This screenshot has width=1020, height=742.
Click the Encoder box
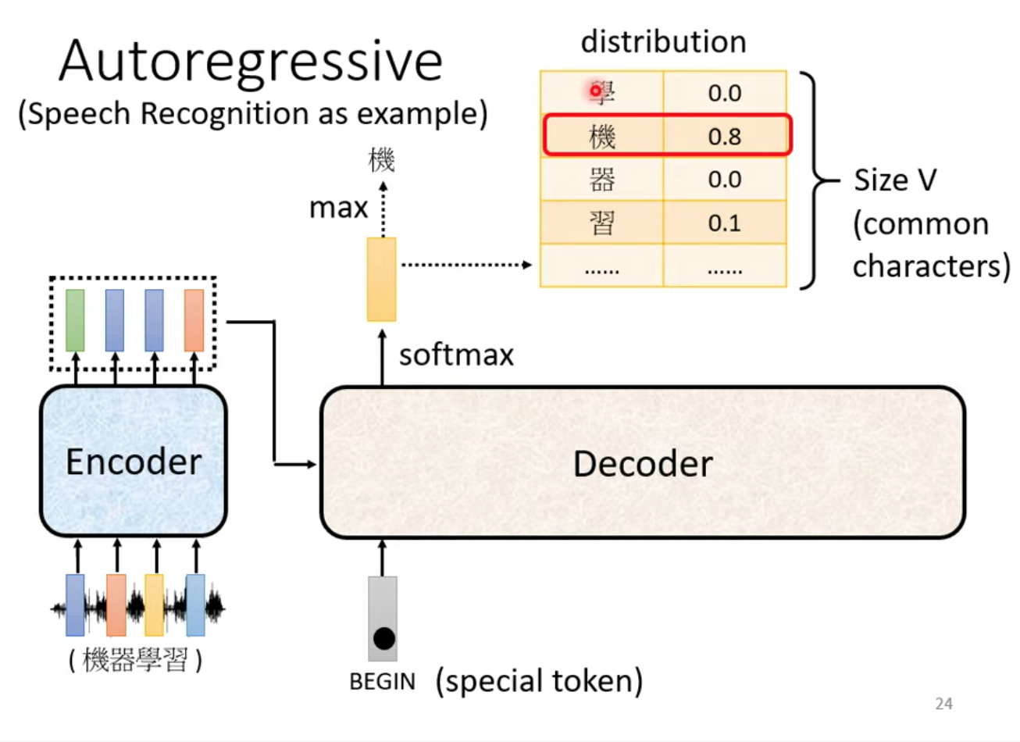coord(134,461)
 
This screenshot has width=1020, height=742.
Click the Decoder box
coord(643,463)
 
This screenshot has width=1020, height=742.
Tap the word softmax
coord(456,355)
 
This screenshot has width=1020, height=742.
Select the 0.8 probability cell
coord(725,136)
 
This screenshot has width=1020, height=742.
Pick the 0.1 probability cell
coord(725,223)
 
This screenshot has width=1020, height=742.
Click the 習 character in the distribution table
coord(602,223)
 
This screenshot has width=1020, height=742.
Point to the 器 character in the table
coord(602,179)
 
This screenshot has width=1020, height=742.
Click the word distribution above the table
coord(663,42)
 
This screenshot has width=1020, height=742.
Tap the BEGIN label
coord(382,682)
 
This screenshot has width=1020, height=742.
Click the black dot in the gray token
coord(383,639)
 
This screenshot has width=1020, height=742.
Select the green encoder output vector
coord(75,321)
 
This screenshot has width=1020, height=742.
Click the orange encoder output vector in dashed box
coord(194,321)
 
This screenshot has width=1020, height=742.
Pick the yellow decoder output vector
coord(382,279)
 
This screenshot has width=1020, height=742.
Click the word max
coord(338,209)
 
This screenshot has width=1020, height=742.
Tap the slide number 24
coord(944,704)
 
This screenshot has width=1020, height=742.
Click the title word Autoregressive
coord(251,61)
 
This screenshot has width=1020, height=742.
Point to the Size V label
coord(895,180)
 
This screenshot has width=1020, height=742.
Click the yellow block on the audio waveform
coord(154,605)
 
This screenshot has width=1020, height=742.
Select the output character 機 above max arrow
coord(382,160)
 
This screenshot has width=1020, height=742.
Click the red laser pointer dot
coord(595,91)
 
